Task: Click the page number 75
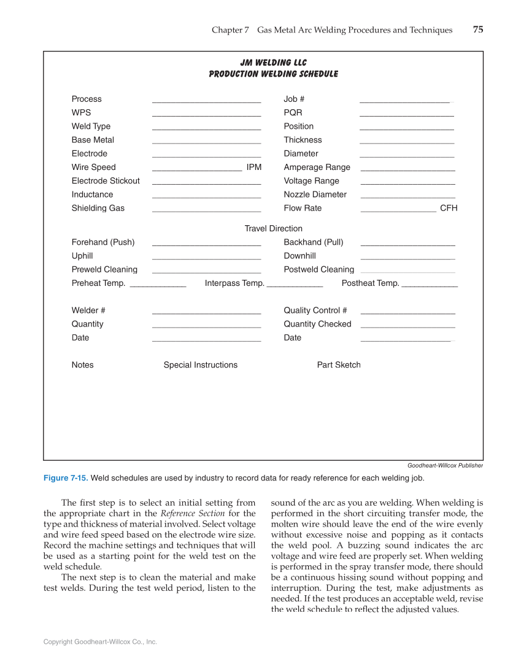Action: [478, 29]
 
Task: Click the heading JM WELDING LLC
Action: [273, 63]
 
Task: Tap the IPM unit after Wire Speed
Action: [254, 168]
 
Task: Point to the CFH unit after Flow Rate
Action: [449, 209]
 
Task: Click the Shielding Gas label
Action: [98, 209]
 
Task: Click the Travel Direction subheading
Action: [273, 229]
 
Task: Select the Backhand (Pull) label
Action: [314, 242]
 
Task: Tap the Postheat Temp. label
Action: [370, 283]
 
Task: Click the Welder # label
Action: [88, 310]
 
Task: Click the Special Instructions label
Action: [200, 365]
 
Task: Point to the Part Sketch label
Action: [339, 365]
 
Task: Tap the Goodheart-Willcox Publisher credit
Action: [445, 466]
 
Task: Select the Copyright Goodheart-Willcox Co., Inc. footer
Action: [100, 642]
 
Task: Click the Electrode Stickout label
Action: [106, 181]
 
